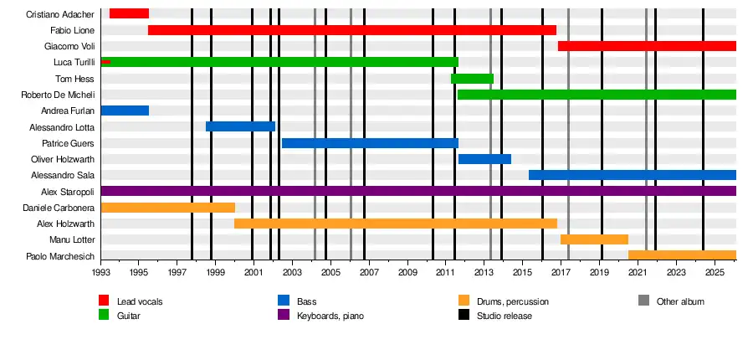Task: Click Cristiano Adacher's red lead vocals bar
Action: [129, 13]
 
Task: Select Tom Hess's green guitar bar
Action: [472, 79]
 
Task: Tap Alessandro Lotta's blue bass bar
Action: [241, 126]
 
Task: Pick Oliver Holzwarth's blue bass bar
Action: [484, 159]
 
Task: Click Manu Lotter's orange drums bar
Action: [595, 239]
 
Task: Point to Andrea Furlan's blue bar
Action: [125, 111]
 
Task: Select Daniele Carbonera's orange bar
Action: [168, 208]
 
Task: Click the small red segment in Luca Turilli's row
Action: [105, 62]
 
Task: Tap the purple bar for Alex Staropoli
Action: [418, 191]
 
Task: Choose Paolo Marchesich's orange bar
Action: [683, 255]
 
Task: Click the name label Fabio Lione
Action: [73, 31]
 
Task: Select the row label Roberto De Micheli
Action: [58, 95]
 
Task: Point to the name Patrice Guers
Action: [69, 143]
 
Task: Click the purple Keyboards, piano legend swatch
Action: [283, 315]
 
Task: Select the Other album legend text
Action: [680, 302]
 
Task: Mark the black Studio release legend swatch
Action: [464, 315]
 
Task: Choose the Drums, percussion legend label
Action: [512, 302]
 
